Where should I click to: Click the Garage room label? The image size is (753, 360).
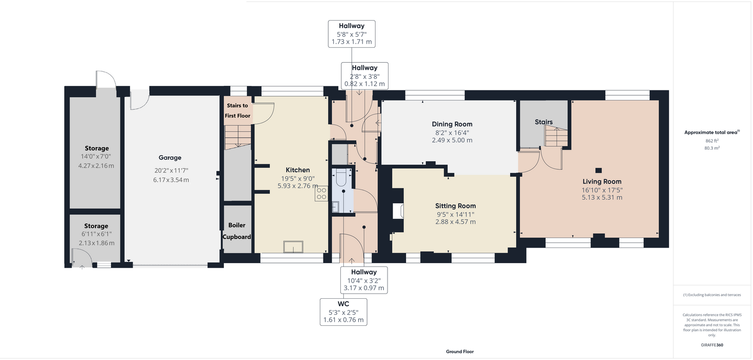click(170, 158)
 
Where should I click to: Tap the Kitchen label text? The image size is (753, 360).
click(298, 170)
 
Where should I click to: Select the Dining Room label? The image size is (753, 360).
click(452, 124)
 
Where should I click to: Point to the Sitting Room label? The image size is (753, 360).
click(455, 206)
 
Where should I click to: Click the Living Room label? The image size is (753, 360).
click(602, 182)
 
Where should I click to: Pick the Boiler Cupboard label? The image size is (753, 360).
click(236, 231)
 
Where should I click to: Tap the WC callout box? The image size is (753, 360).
click(343, 312)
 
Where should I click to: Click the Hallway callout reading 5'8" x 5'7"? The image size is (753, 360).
click(351, 34)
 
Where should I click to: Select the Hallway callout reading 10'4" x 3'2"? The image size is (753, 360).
click(364, 280)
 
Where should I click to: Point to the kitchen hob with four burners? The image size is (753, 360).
click(321, 194)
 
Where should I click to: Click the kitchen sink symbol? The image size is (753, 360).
click(293, 247)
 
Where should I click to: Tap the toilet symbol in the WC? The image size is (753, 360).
click(341, 178)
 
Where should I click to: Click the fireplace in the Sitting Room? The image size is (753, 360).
click(399, 211)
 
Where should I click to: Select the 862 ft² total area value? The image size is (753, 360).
click(712, 141)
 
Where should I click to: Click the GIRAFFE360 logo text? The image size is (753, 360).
click(712, 345)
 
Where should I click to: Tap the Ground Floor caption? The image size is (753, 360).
click(459, 351)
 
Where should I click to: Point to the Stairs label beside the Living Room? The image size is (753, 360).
click(544, 122)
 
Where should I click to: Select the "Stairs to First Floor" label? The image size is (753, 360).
click(237, 110)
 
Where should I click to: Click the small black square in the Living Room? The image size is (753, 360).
click(598, 170)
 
